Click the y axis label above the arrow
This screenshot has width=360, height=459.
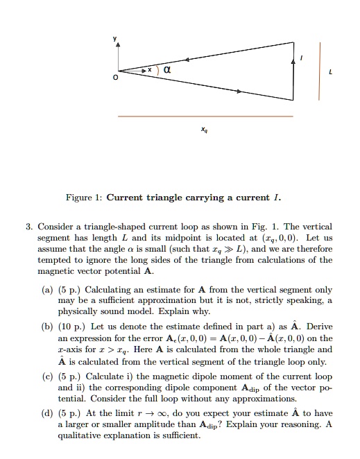117,38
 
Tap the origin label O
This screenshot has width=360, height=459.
117,78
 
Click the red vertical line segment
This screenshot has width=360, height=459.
320,69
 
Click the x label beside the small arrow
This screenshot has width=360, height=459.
151,71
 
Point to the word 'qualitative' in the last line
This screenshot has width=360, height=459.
80,436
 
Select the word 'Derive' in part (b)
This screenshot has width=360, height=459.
319,325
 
